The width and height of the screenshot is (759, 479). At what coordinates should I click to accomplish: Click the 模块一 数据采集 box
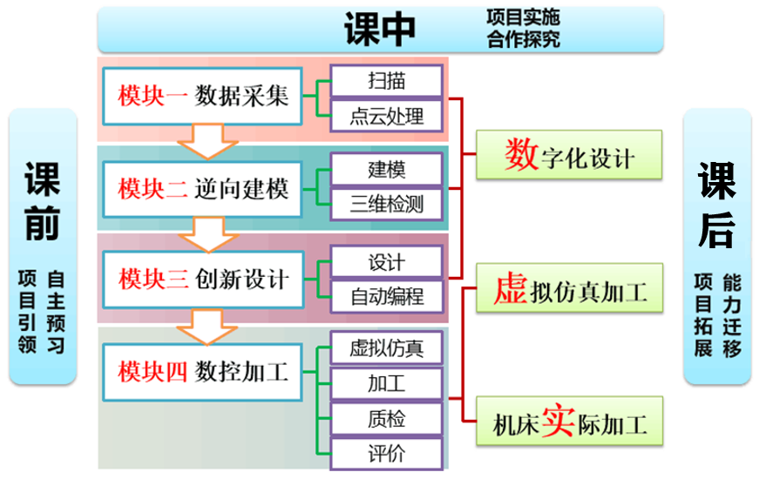202,95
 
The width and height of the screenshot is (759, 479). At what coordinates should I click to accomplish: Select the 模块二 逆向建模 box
202,187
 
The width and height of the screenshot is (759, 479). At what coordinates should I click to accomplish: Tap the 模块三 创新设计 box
202,279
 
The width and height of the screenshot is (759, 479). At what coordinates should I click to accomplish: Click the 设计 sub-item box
386,261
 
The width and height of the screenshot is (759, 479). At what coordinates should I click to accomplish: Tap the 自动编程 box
386,297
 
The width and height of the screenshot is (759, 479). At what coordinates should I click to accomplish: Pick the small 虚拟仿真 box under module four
386,348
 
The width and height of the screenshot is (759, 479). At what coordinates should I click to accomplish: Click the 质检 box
386,419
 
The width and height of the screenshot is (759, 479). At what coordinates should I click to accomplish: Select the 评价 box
386,453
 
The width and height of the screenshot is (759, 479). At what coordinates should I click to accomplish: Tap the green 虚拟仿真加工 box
568,290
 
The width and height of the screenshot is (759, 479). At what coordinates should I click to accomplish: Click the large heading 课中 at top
380,29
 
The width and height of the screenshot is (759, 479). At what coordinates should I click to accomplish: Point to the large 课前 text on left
42,203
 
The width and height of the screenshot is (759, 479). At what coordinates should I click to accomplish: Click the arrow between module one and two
201,141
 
